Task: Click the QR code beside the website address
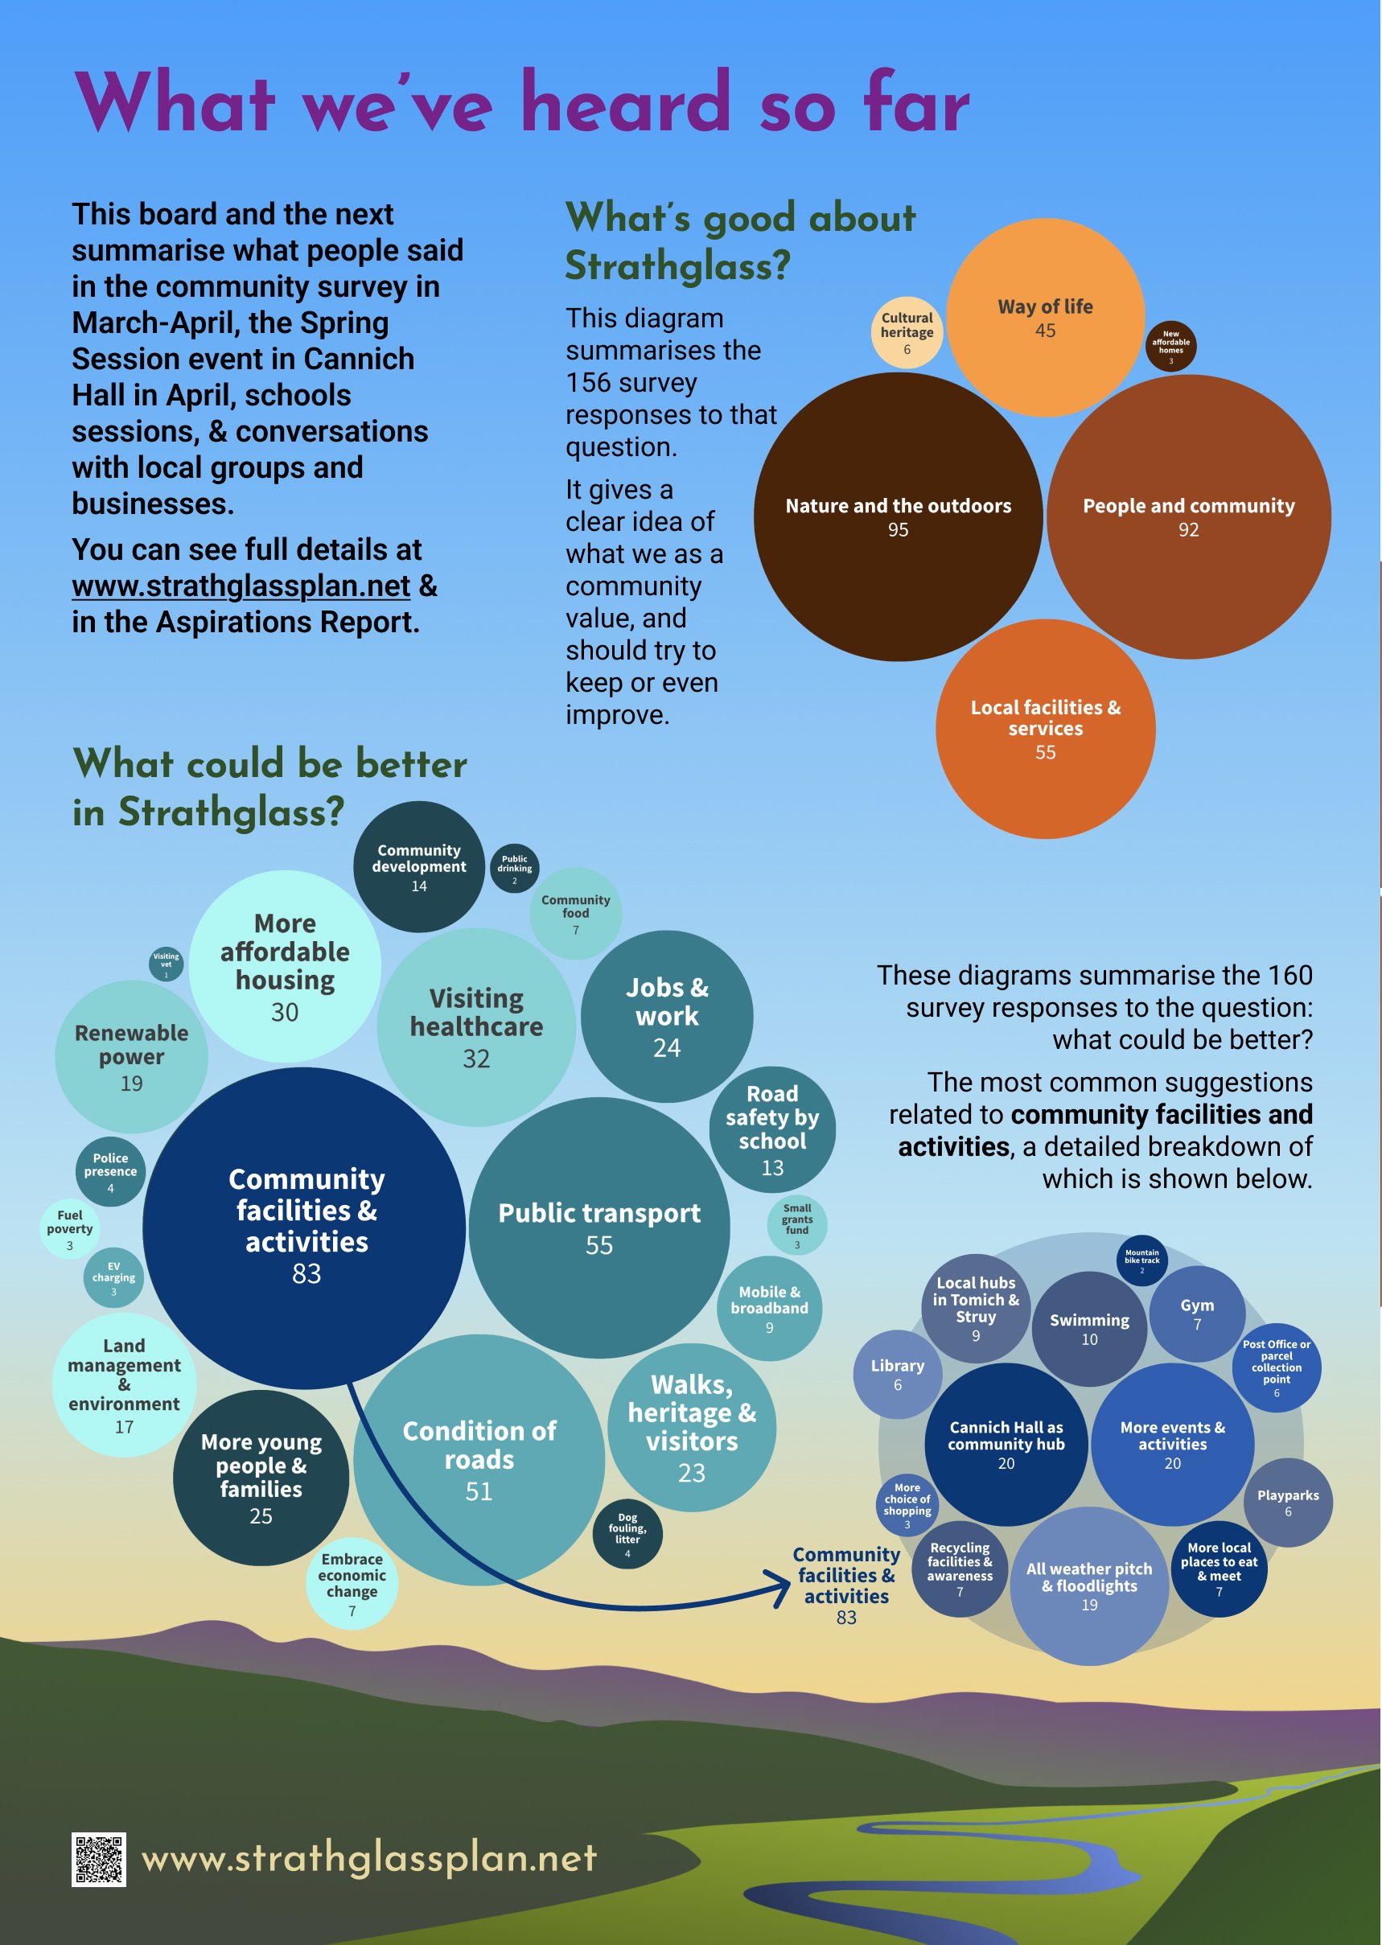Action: pos(99,1859)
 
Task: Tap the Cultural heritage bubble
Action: pos(907,332)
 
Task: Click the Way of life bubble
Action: pos(1045,318)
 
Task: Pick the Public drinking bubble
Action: pos(515,868)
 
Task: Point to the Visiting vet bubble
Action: pos(166,964)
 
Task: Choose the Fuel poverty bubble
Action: pos(70,1228)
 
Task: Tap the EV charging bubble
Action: pos(113,1278)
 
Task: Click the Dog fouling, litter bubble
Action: pos(628,1534)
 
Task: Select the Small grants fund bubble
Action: pos(797,1225)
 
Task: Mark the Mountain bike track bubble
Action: pos(1142,1261)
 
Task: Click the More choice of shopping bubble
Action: pos(907,1504)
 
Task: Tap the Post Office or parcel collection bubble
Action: pos(1277,1368)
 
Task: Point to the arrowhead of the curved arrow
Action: pos(781,1589)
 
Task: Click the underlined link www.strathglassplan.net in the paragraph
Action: pos(241,586)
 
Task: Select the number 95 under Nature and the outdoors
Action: pos(898,530)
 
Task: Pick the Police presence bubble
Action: pos(111,1172)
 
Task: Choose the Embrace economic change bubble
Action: pos(352,1583)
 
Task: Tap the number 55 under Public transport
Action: pos(599,1246)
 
